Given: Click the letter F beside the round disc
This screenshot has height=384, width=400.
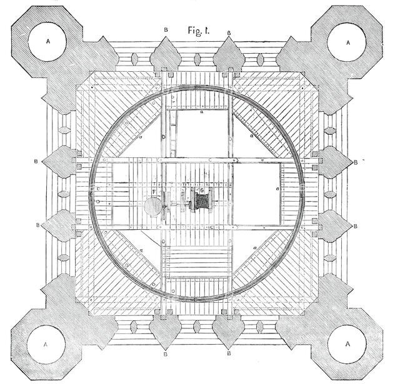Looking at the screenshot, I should [x=154, y=191].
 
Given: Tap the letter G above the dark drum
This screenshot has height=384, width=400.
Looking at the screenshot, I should [x=201, y=190].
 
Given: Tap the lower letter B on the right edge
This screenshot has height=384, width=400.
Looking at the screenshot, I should [x=356, y=223].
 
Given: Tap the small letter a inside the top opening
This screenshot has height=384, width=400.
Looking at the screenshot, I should [x=201, y=114].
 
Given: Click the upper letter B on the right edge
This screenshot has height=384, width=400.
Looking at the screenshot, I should [x=356, y=162].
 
